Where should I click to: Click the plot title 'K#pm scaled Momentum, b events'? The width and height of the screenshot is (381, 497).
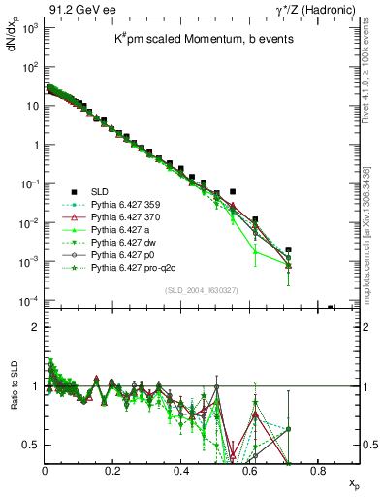click(x=194, y=38)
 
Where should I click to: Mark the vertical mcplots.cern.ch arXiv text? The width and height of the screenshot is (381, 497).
click(x=370, y=223)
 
